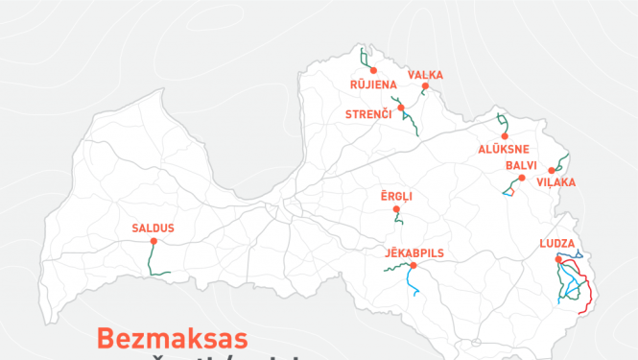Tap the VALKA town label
coord(425,75)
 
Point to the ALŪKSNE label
coord(504,149)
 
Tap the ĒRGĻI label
coord(396,196)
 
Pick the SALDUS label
coord(154,228)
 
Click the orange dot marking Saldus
coord(154,241)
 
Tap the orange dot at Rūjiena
coord(372,71)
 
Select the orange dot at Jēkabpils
coord(413,265)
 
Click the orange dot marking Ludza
coord(558,257)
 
